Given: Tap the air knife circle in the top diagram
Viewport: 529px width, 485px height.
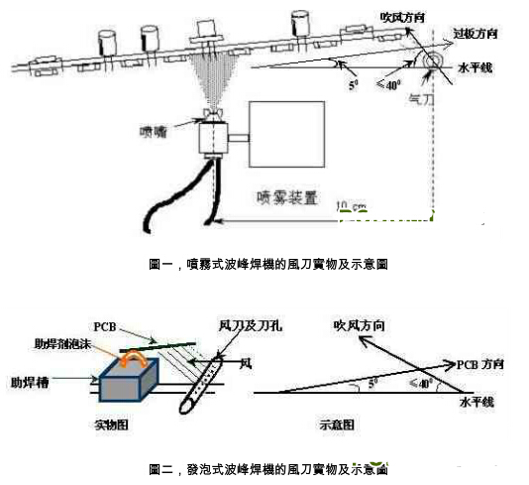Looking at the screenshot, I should [x=433, y=62].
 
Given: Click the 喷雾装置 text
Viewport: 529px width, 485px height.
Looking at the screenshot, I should [x=288, y=196].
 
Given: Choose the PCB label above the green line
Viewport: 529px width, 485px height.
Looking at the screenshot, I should [x=106, y=326].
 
